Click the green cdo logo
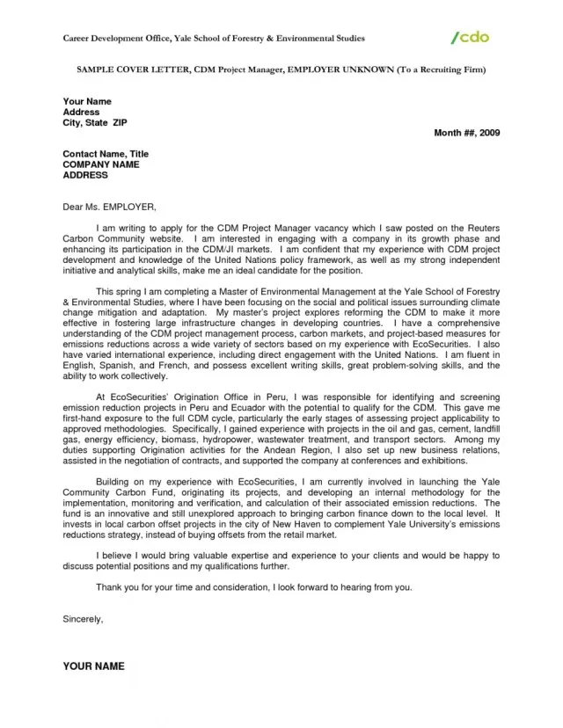470,37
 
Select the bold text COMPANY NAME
101,164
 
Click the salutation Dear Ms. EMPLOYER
109,207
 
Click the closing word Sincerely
83,619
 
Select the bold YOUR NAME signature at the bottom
93,666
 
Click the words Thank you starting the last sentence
118,586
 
